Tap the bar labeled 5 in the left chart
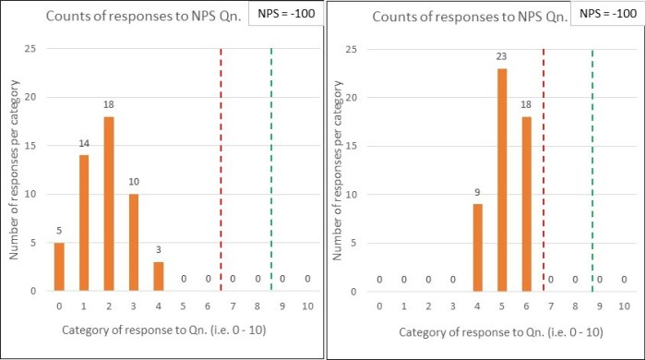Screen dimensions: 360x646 [x=60, y=267]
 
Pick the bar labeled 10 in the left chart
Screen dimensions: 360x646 [x=135, y=242]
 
